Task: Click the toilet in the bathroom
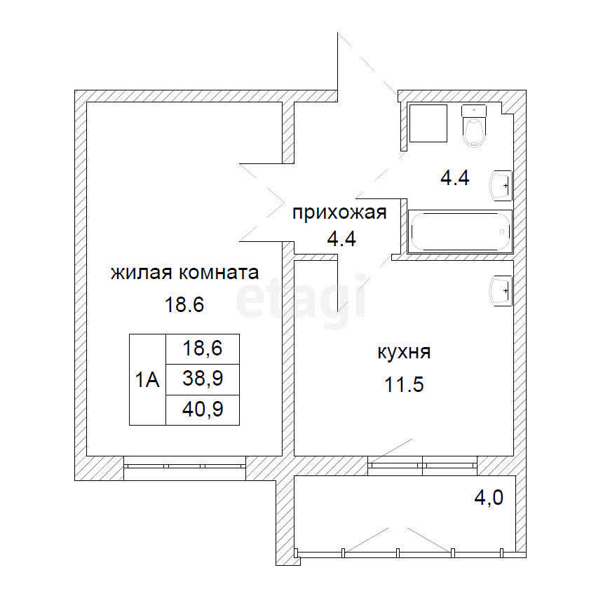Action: coord(475,126)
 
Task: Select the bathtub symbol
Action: coord(460,231)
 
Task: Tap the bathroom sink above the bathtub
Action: coord(502,185)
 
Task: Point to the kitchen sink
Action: coord(502,290)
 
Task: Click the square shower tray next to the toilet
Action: coord(428,123)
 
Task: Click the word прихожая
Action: coord(339,212)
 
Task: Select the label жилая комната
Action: coord(185,273)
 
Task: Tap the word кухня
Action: coord(404,351)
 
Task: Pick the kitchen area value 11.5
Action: coord(404,385)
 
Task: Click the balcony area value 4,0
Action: coord(489,499)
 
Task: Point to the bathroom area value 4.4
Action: coord(454,178)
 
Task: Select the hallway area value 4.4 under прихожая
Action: coord(341,239)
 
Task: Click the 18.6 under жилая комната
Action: coord(184,305)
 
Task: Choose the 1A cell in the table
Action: coord(147,380)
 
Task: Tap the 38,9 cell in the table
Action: coord(203,380)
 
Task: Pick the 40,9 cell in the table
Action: coord(203,409)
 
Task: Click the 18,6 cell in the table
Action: coord(203,348)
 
